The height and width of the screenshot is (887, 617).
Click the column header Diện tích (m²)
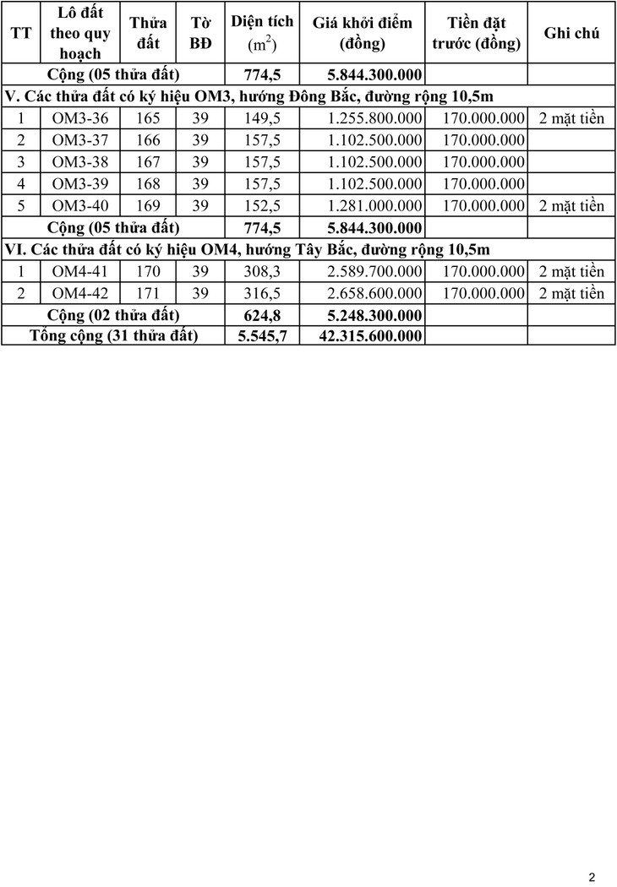click(262, 33)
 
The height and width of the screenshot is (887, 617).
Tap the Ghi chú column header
click(571, 33)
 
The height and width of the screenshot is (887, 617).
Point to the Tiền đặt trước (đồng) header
click(478, 33)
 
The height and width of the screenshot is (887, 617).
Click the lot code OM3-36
click(80, 118)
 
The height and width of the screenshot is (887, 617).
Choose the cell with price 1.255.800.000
click(374, 118)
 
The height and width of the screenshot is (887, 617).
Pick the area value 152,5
click(262, 206)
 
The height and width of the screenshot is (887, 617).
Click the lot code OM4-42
click(80, 293)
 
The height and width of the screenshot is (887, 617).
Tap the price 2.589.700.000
click(374, 271)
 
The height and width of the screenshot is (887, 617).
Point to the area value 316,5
click(262, 293)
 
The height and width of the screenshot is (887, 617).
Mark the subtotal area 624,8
click(262, 315)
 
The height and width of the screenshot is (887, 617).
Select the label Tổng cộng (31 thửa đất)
click(113, 336)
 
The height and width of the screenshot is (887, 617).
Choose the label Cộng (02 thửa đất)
click(113, 315)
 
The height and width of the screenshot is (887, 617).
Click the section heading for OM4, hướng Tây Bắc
click(247, 249)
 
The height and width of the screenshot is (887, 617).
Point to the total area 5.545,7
click(262, 336)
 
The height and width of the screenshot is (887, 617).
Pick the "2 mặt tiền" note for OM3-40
click(571, 206)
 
